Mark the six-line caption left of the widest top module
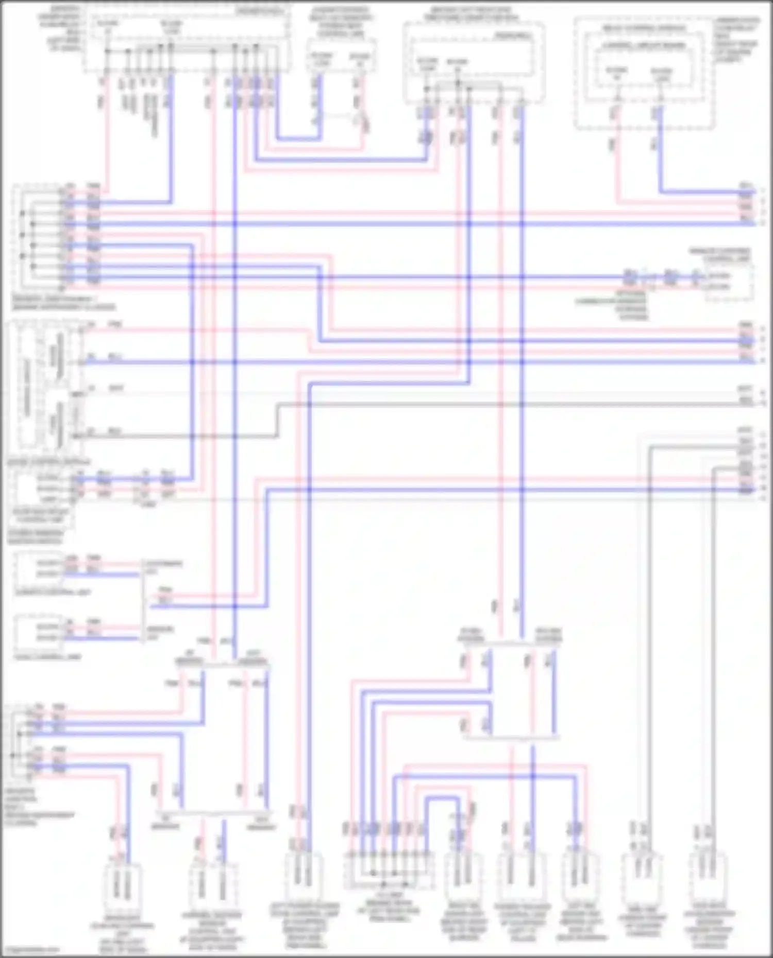click(x=65, y=28)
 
